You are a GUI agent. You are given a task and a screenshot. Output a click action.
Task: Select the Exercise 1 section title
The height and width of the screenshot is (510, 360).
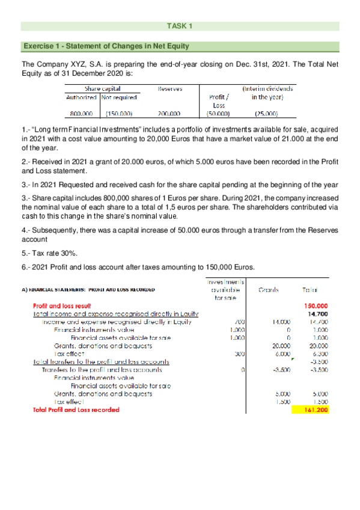[x=96, y=46]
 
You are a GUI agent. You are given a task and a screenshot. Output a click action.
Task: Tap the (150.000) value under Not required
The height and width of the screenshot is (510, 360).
[x=119, y=112]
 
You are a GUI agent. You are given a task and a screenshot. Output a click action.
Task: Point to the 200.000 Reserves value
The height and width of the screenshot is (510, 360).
[x=169, y=112]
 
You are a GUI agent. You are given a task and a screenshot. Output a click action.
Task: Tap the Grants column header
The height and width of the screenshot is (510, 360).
[x=267, y=289]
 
